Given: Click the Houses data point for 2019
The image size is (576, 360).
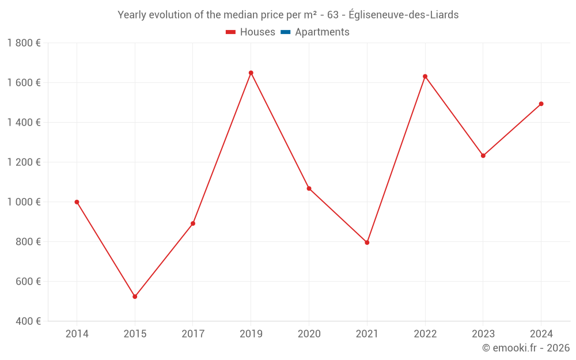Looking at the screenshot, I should (251, 73).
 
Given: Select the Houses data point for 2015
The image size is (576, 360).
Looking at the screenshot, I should (135, 297).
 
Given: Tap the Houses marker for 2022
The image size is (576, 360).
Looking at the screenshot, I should (425, 77).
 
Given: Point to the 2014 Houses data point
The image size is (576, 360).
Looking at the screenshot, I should (77, 202).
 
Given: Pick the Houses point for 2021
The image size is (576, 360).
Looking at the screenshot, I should (367, 242).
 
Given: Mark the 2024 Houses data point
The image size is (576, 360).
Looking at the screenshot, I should (541, 104).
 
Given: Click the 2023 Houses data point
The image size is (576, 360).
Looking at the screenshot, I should (483, 156).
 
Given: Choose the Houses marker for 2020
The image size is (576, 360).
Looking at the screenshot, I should (309, 188).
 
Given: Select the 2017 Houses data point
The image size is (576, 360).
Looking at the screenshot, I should (193, 223).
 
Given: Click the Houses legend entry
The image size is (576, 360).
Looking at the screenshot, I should (251, 32).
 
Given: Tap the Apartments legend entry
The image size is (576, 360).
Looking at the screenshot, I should (315, 32).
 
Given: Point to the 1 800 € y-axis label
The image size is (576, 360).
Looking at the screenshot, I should (24, 43).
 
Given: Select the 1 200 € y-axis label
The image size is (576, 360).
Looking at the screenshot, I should (24, 162).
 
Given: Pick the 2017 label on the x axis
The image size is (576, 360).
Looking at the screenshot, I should (193, 334).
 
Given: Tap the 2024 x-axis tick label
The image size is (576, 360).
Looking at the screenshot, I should (541, 334).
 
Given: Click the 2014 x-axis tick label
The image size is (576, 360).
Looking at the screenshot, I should (77, 334).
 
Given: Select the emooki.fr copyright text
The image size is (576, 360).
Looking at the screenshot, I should (526, 348).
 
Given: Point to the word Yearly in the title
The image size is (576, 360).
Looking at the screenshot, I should (132, 15).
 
